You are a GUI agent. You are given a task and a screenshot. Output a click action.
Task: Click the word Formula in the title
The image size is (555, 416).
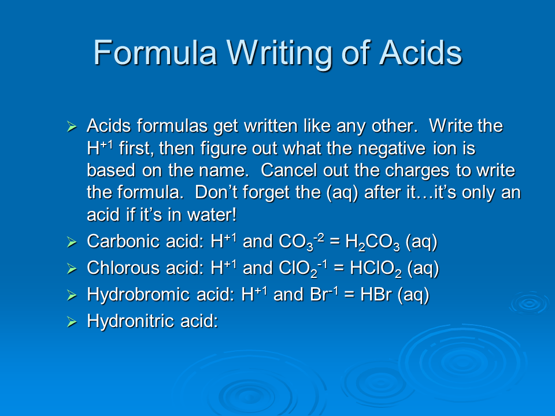tap(155, 53)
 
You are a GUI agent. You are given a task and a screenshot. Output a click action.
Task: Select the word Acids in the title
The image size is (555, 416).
tap(420, 53)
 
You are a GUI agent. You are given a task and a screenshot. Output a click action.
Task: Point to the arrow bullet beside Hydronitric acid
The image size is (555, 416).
tap(72, 322)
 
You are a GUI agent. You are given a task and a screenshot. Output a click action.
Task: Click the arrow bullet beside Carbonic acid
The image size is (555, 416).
tap(72, 243)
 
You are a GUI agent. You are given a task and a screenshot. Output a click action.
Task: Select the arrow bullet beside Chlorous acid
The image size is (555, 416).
tap(72, 269)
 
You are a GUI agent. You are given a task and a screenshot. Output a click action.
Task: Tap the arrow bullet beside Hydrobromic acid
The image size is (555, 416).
tap(72, 296)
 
